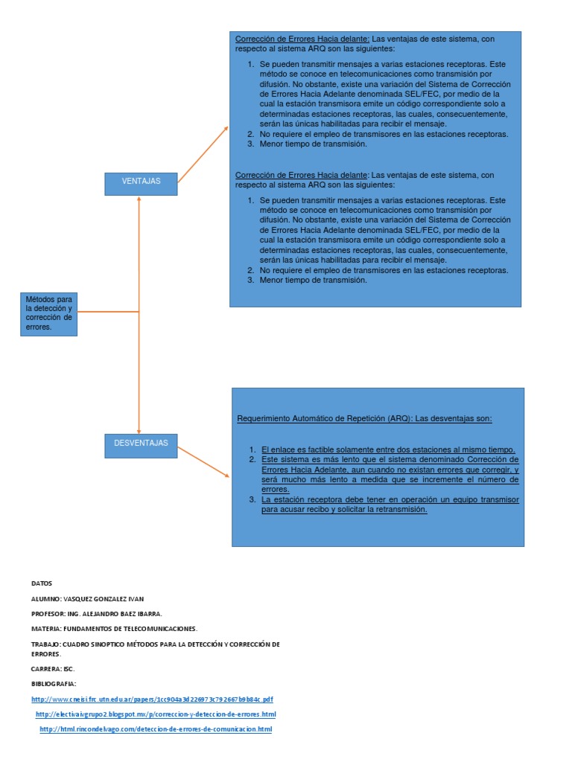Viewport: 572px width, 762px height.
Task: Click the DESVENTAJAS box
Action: tap(141, 444)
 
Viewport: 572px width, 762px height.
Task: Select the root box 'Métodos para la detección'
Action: tap(48, 313)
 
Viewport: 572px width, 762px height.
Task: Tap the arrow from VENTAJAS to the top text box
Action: tap(203, 154)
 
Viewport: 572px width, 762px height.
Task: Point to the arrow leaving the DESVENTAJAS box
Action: tap(203, 462)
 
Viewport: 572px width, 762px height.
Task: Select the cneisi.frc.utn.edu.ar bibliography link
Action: tap(152, 699)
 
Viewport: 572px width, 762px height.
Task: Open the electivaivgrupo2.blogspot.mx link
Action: tap(156, 714)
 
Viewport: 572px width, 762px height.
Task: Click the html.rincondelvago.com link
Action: tap(156, 729)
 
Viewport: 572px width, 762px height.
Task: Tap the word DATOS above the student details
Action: tap(42, 583)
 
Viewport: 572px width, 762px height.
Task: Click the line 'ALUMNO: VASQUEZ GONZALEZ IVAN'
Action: tap(87, 598)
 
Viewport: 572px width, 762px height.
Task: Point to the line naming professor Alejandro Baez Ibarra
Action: tap(96, 613)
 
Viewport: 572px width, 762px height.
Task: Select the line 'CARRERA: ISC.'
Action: tap(52, 668)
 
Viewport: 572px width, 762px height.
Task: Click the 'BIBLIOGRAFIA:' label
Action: tap(54, 683)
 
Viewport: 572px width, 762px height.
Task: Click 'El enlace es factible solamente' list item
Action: tap(388, 450)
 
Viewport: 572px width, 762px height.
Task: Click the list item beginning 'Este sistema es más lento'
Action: tap(390, 475)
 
